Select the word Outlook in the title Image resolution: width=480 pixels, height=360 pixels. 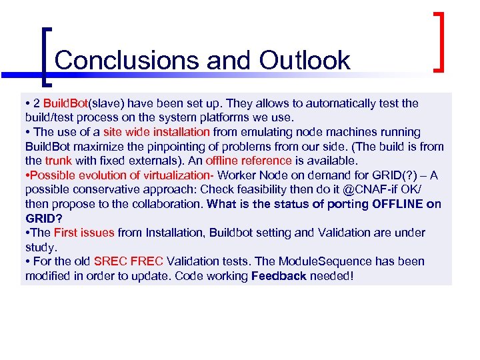304,60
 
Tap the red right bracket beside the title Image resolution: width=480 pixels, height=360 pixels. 440,41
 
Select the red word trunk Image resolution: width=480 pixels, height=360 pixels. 58,161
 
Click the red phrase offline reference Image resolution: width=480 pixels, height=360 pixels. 248,161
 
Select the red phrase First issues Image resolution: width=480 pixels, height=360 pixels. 84,233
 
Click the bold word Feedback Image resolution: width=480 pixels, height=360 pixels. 279,276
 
